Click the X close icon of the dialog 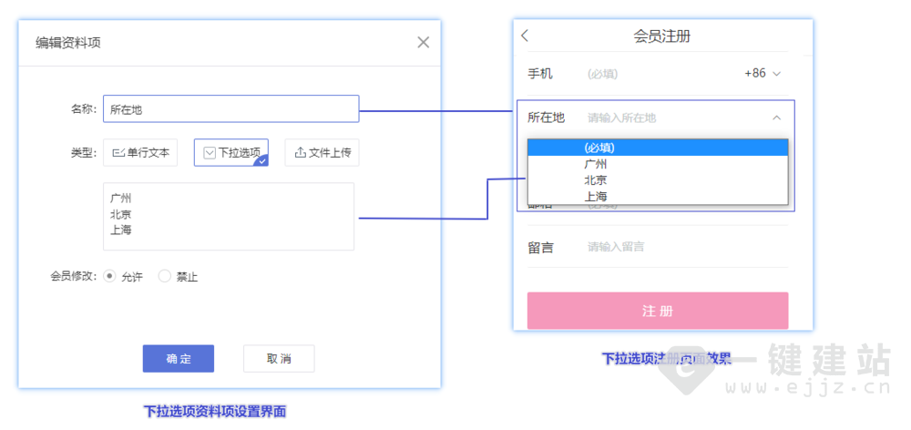tap(423, 42)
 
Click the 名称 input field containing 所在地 tap(230, 109)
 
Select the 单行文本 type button tap(140, 153)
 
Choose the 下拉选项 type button tap(231, 153)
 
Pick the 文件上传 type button tap(322, 153)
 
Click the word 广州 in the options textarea tap(121, 198)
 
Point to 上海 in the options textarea tap(121, 230)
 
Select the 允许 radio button tap(110, 276)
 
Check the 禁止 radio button tap(165, 276)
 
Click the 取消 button tap(279, 359)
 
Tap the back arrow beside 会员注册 tap(525, 36)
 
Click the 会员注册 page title tap(661, 36)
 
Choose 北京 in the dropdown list tap(596, 180)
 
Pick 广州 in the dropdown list tap(596, 164)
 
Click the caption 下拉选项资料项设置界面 tap(215, 412)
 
